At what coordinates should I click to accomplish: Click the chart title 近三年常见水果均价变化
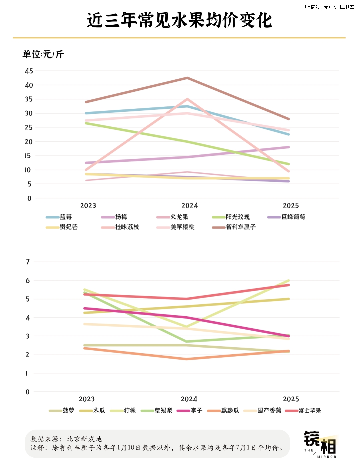tap(180, 20)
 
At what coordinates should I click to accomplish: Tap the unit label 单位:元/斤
tap(43, 54)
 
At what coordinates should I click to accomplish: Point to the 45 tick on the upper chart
tap(29, 71)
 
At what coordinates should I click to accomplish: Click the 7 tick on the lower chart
tap(28, 262)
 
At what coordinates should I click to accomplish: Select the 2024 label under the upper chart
tap(189, 206)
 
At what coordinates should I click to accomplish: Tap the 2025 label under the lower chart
tap(291, 399)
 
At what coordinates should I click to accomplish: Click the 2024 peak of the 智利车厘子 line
tap(188, 78)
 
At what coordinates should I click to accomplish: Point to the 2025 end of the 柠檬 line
tap(288, 281)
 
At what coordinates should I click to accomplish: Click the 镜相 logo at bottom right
tap(320, 444)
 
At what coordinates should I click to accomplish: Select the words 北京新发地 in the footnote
tap(84, 439)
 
